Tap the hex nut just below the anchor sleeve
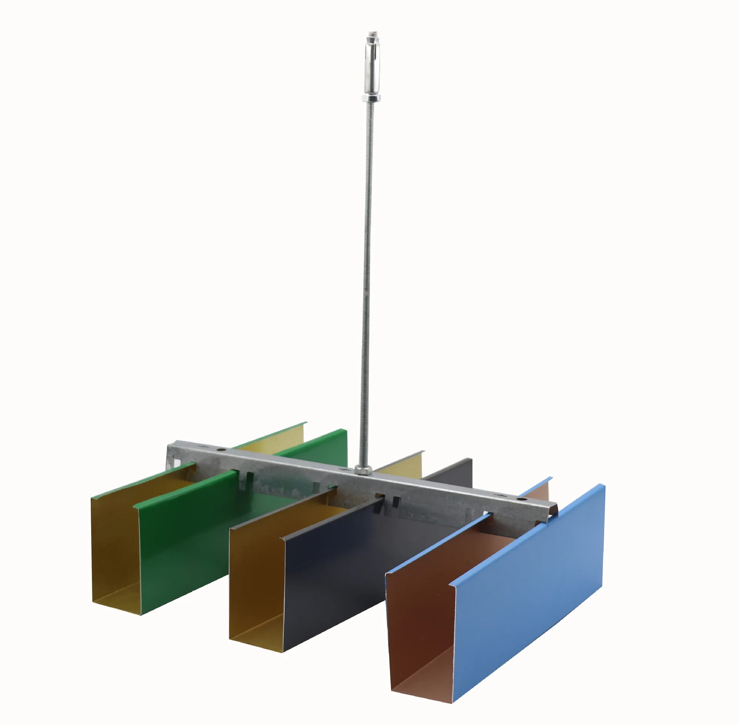370,98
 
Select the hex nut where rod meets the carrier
363,468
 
